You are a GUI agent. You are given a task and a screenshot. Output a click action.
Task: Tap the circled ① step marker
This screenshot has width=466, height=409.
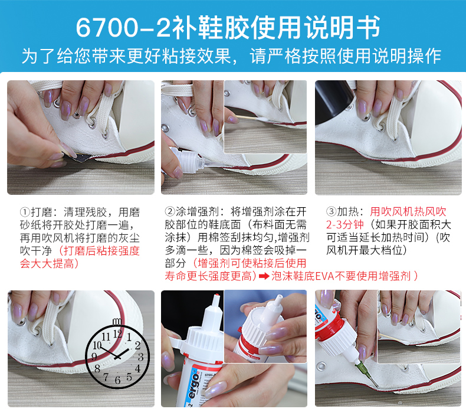[25, 212]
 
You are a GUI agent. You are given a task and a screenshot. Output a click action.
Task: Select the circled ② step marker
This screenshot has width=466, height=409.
[170, 211]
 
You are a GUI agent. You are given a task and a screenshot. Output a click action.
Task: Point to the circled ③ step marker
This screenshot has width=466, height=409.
[331, 211]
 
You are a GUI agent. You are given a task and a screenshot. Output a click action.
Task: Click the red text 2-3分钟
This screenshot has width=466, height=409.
[344, 225]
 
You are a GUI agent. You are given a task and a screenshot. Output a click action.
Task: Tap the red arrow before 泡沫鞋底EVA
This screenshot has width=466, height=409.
[264, 276]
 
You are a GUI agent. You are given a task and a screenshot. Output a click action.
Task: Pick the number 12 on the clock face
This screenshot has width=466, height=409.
[117, 333]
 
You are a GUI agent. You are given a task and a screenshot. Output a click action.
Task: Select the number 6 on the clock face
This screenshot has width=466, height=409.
[118, 380]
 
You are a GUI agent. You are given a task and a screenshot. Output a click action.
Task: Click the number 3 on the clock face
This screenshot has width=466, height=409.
[140, 356]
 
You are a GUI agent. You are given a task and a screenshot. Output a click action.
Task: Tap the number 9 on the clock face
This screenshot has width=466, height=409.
[94, 356]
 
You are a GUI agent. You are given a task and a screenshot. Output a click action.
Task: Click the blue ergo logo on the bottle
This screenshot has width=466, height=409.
[194, 386]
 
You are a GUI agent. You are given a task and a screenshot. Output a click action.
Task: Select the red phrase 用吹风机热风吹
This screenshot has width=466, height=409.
[408, 211]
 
